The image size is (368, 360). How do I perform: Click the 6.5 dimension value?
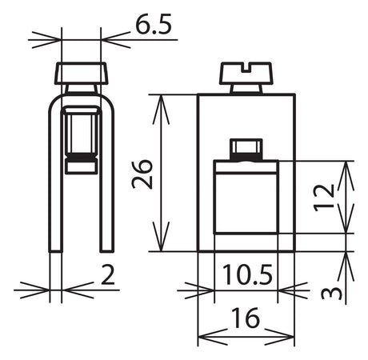[x=153, y=24]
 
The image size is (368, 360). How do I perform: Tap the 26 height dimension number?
[x=142, y=174]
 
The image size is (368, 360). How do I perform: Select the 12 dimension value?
[x=324, y=198]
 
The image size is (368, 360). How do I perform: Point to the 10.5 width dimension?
[x=247, y=274]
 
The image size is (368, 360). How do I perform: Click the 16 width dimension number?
[x=246, y=318]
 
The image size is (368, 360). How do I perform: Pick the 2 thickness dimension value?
[x=108, y=274]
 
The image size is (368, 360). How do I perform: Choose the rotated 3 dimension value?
[x=331, y=293]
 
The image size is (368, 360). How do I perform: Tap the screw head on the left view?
[x=82, y=74]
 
